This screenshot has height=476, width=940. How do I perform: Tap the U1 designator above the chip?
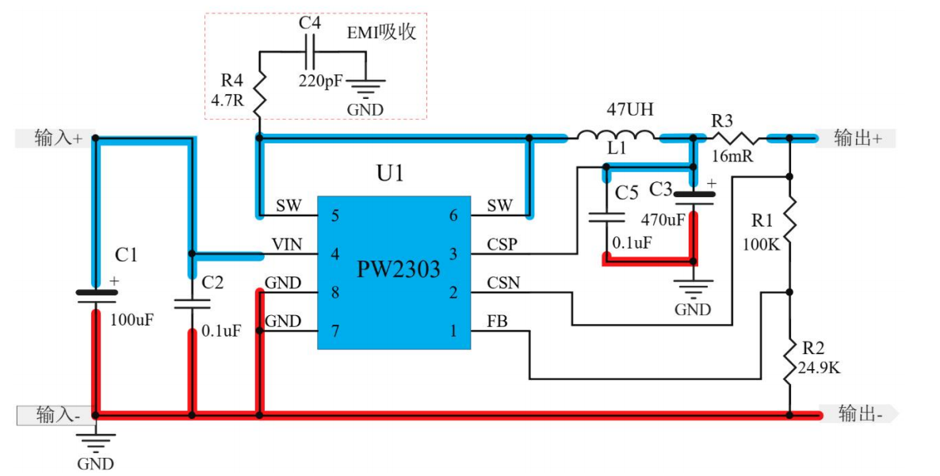click(x=389, y=173)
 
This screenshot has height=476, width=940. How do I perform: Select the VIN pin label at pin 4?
click(x=286, y=246)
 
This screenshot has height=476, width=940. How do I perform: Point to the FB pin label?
click(x=497, y=322)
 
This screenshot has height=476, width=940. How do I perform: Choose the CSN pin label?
click(x=503, y=283)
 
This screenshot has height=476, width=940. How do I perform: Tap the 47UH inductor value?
click(x=630, y=109)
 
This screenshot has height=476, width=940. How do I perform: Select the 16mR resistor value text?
click(x=732, y=157)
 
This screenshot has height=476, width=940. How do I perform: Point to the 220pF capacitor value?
click(x=321, y=81)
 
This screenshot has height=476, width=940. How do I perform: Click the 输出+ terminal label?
click(x=858, y=138)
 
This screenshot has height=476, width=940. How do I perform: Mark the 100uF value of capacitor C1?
click(x=132, y=321)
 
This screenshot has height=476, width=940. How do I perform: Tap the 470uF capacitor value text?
click(x=663, y=220)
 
